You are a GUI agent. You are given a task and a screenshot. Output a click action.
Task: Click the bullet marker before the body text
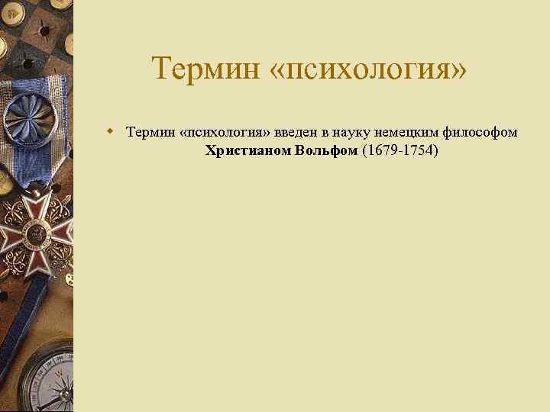111,131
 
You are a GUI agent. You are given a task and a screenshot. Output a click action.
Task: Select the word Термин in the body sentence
149,133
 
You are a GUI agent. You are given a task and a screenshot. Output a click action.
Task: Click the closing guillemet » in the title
459,70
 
